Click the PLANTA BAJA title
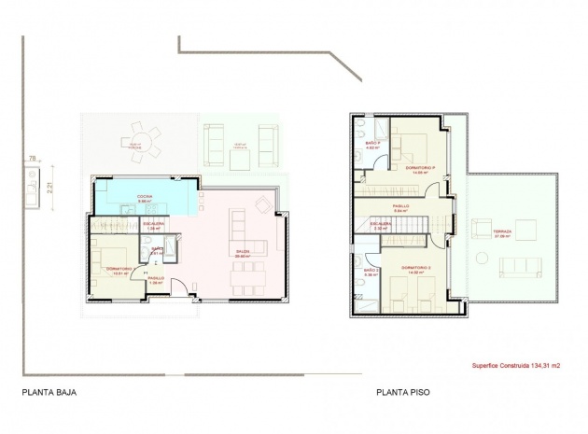pos(48,392)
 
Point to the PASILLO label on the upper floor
pos(400,206)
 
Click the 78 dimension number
pos(33,159)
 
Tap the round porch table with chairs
pos(141,140)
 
